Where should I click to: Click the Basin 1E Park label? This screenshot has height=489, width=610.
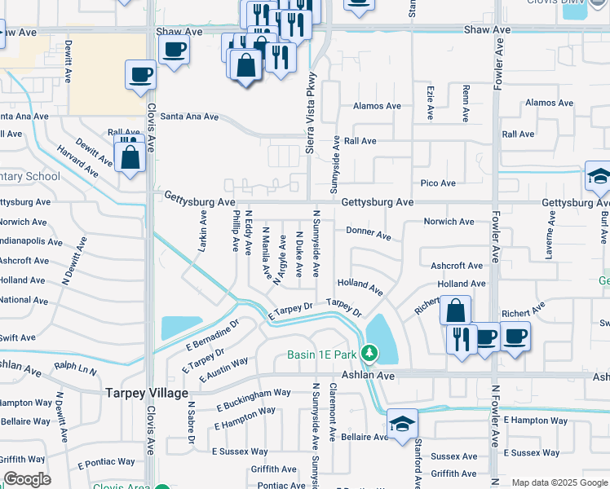tap(321, 354)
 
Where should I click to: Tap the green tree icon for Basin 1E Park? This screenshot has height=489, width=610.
tap(370, 353)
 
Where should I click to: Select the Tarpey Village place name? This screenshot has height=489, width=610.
tap(147, 393)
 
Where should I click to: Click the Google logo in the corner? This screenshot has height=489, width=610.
tap(26, 479)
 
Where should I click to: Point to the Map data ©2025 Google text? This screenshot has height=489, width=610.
tap(559, 482)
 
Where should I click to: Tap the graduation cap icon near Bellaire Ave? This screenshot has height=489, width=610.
tap(402, 424)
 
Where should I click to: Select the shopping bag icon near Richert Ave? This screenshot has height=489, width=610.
tap(455, 311)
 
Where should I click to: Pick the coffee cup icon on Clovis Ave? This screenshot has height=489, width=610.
tap(141, 76)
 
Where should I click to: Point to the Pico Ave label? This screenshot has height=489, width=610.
tap(438, 183)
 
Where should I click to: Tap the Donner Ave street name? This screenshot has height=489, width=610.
tap(369, 233)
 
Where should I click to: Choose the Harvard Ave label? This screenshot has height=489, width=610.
tap(77, 161)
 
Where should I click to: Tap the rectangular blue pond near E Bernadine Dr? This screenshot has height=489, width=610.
tap(182, 328)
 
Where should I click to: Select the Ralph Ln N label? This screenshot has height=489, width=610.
tap(75, 370)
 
